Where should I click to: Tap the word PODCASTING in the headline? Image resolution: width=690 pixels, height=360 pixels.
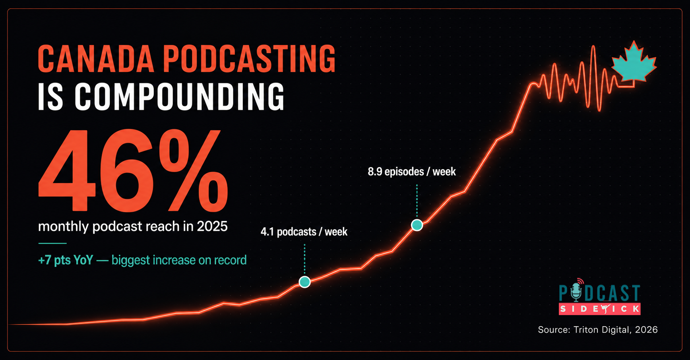click(249, 59)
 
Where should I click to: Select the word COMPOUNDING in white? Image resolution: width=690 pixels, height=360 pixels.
click(180, 97)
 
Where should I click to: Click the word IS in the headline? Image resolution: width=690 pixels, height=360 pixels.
click(50, 97)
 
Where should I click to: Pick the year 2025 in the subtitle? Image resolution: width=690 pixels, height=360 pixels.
click(212, 226)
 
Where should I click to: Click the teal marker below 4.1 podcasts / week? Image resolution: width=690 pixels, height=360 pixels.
click(304, 282)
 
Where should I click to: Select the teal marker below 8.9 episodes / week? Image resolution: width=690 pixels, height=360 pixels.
click(417, 225)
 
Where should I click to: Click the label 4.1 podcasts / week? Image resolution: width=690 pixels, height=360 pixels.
click(304, 232)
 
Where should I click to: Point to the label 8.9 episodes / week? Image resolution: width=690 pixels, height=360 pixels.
click(412, 172)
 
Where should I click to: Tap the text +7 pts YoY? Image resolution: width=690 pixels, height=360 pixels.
click(66, 260)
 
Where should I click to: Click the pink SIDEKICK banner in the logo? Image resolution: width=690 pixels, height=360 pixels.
click(599, 309)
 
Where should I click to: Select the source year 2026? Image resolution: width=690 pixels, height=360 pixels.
click(646, 330)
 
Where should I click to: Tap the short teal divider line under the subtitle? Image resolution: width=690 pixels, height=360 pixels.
click(52, 243)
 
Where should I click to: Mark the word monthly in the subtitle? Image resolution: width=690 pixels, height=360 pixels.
click(63, 227)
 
